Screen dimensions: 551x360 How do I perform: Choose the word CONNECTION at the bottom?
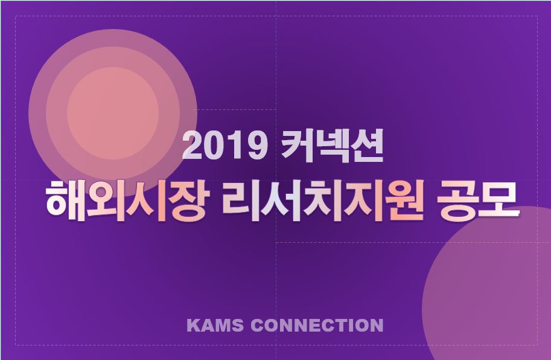point(317,325)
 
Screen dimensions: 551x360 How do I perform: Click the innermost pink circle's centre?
point(113,113)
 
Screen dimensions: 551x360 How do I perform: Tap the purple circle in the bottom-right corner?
point(486,283)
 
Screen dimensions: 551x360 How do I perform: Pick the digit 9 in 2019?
point(257,146)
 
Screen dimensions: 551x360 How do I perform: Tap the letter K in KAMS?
point(193,325)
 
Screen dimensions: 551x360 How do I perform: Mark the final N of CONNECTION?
point(377,325)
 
